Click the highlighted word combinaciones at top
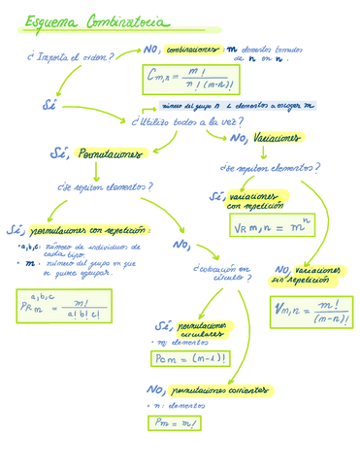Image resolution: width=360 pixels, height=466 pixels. (191, 50)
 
